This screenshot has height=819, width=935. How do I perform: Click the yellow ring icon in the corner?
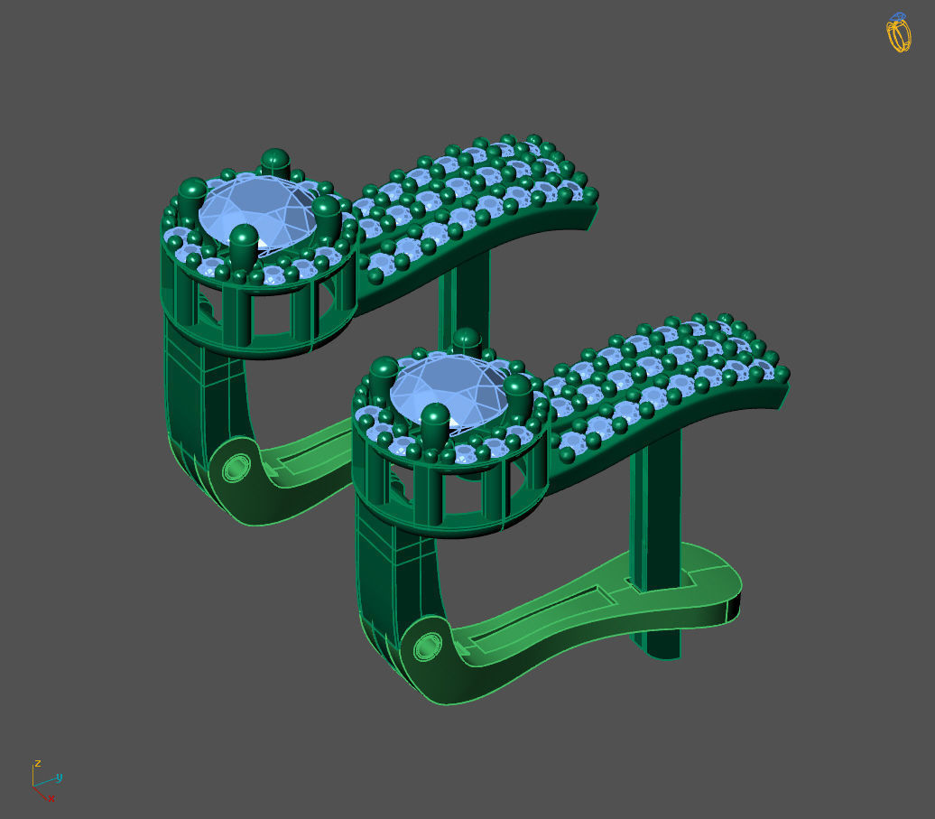pyautogui.click(x=898, y=33)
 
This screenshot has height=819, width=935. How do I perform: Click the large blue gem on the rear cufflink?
pyautogui.click(x=256, y=212)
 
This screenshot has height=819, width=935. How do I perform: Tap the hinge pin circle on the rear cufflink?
pyautogui.click(x=236, y=469)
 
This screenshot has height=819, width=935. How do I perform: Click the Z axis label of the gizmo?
pyautogui.click(x=38, y=764)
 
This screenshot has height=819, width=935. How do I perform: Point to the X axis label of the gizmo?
pyautogui.click(x=51, y=798)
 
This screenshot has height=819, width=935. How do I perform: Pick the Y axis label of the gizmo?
pyautogui.click(x=60, y=777)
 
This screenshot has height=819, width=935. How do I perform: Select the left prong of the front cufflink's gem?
pyautogui.click(x=384, y=375)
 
